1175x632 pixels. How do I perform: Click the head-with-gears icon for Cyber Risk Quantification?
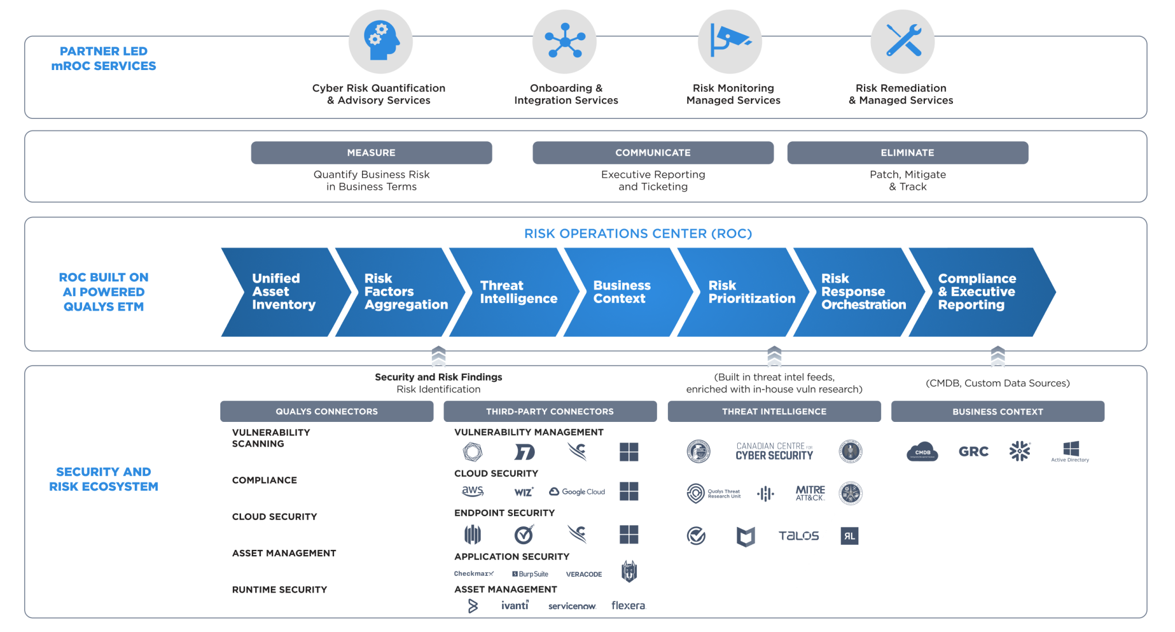(380, 41)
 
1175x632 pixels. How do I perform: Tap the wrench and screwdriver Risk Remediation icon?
(902, 41)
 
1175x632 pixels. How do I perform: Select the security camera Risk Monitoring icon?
(729, 41)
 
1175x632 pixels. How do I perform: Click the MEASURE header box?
(371, 153)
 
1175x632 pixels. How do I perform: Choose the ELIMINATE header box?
(907, 153)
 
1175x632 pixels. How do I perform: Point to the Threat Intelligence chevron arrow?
(513, 292)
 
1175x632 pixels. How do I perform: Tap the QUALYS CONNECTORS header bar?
(326, 412)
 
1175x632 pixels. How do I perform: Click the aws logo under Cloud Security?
(473, 491)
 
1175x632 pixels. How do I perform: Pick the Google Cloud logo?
(577, 492)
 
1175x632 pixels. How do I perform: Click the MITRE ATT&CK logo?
(810, 493)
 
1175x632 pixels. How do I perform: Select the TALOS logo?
(798, 536)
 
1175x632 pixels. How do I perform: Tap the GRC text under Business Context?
(973, 452)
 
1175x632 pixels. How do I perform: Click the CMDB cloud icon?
(922, 452)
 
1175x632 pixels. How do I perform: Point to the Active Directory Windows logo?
(1070, 451)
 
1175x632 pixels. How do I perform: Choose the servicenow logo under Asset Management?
(572, 606)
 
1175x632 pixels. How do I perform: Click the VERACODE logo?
(583, 574)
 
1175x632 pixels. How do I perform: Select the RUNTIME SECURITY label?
(279, 590)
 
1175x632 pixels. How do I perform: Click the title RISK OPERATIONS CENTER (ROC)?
(637, 234)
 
